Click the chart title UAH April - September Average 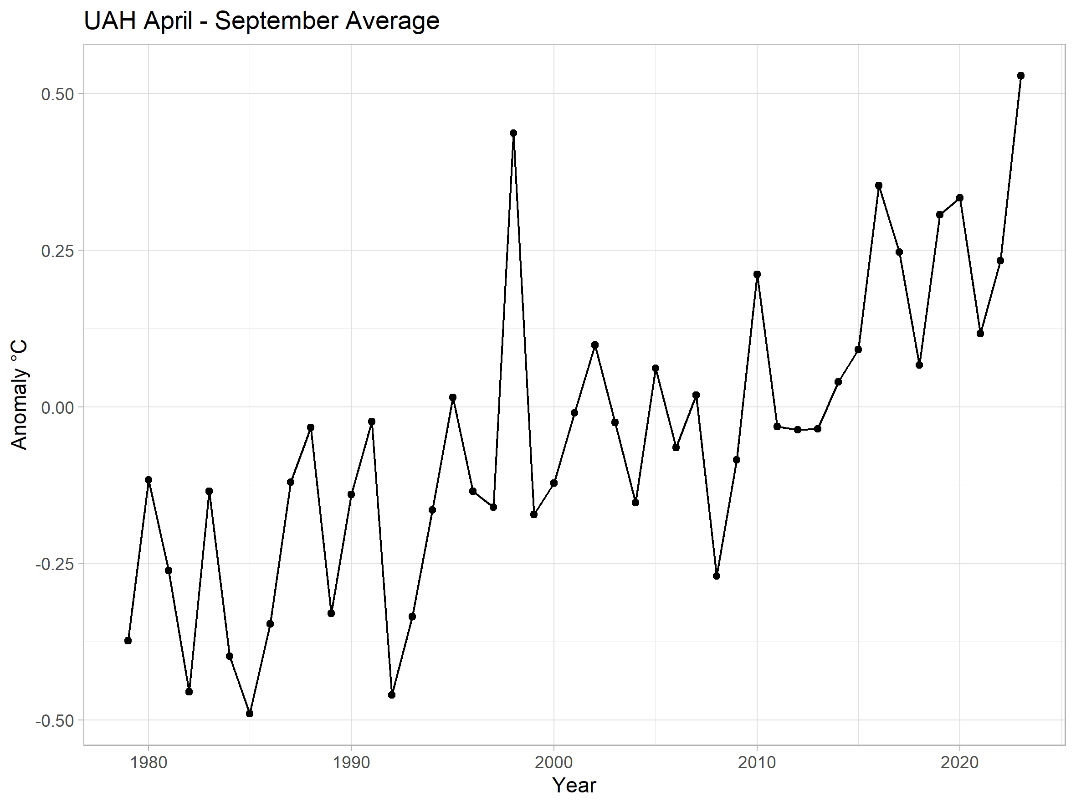tap(261, 21)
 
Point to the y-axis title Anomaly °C tap(19, 395)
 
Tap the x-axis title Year tap(574, 785)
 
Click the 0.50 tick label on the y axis tap(57, 94)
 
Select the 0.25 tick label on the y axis tap(57, 251)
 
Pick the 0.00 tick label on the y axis tap(57, 407)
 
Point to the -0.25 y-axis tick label tap(55, 564)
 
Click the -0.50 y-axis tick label tap(55, 720)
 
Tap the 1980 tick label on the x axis tap(149, 762)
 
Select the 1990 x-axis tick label tap(351, 762)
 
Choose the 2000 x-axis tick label tap(553, 762)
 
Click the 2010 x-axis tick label tap(757, 762)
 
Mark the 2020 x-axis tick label tap(960, 762)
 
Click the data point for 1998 tap(513, 133)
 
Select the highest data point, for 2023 tap(1020, 75)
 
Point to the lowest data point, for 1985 tap(250, 714)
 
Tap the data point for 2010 tap(757, 274)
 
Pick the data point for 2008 tap(716, 576)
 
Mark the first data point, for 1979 tap(128, 641)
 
